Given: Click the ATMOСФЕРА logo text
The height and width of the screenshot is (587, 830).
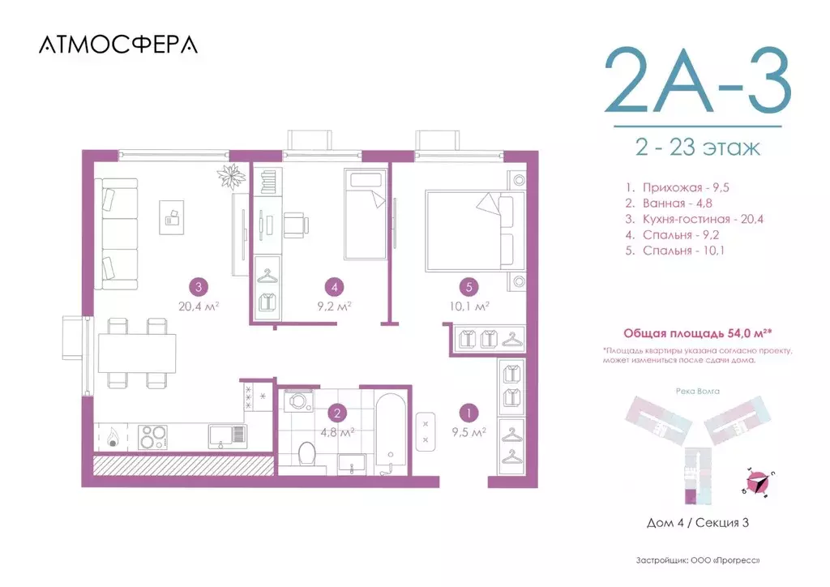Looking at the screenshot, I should tap(118, 45).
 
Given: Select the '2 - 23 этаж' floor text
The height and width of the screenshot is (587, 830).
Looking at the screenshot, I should tap(698, 148).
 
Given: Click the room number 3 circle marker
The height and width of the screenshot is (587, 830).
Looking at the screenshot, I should tap(196, 285).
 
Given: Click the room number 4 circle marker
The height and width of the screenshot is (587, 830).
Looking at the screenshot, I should tap(332, 285).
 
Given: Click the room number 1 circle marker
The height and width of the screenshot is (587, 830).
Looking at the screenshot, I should tap(467, 412).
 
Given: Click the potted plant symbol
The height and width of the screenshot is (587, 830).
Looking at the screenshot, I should tap(231, 175).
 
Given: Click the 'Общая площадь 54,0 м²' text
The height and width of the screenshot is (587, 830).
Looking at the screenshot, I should tap(696, 333).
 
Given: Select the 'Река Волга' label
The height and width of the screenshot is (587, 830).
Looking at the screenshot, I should tap(697, 390).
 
